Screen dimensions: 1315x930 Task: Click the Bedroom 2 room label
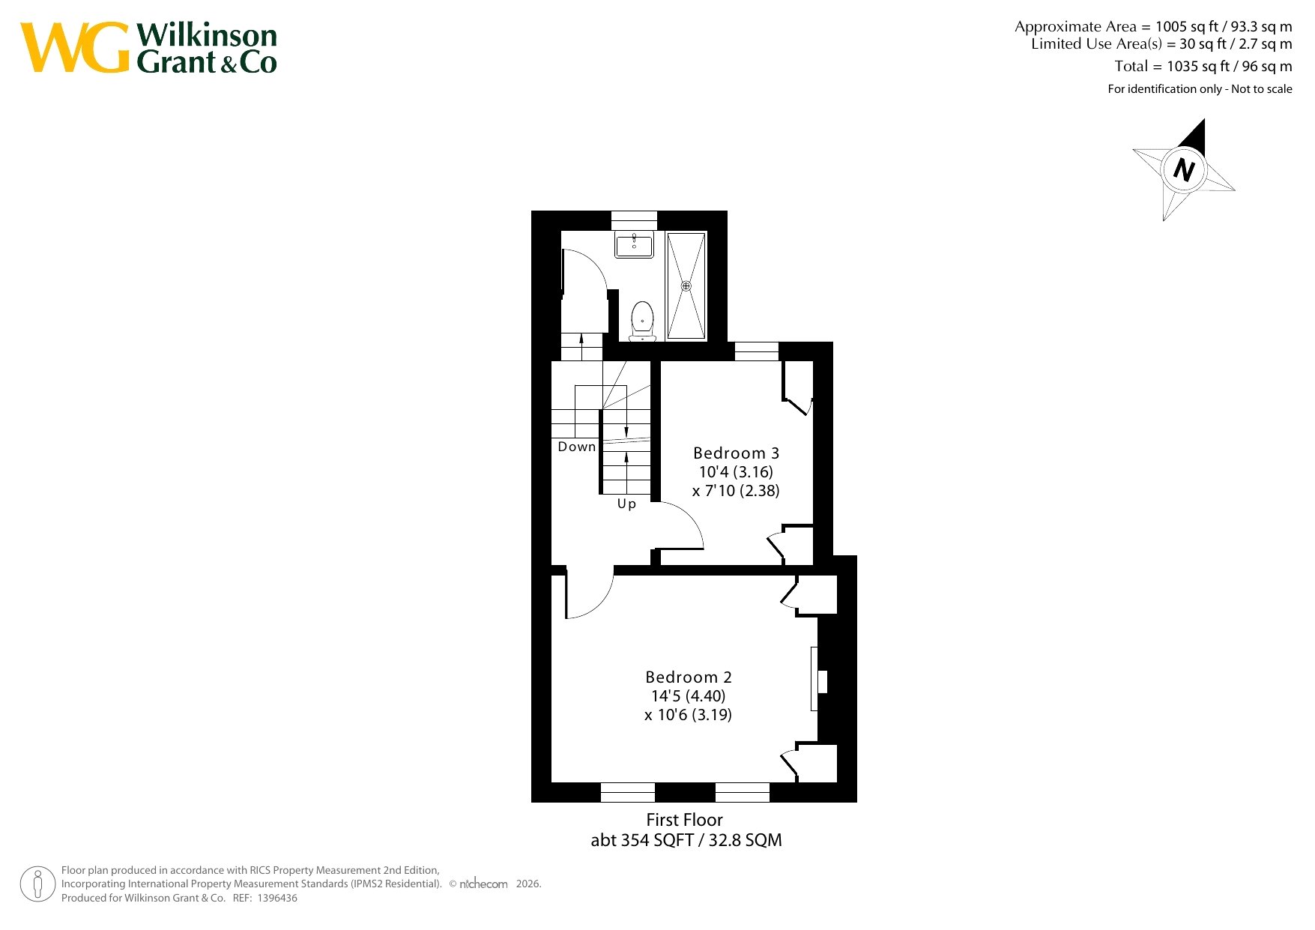click(x=688, y=677)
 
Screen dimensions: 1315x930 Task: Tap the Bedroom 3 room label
click(x=736, y=453)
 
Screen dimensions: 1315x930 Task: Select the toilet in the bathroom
click(x=642, y=321)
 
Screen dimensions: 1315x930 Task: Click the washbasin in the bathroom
click(x=634, y=244)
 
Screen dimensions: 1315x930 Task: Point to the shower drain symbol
click(x=686, y=286)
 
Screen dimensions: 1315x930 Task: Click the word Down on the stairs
click(x=577, y=447)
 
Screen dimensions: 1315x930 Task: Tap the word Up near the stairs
click(x=626, y=504)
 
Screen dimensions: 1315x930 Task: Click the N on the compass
click(x=1184, y=169)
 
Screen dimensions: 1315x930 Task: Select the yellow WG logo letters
click(x=75, y=48)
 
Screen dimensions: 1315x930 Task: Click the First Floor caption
click(x=684, y=820)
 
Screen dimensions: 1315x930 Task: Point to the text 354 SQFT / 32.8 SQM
click(x=701, y=840)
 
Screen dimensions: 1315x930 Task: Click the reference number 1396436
click(x=276, y=898)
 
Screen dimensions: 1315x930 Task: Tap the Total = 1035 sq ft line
click(x=1203, y=66)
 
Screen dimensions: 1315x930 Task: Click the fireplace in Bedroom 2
click(x=818, y=680)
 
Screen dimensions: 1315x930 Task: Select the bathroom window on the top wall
click(x=634, y=220)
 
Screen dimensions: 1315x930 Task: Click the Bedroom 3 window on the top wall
click(x=756, y=351)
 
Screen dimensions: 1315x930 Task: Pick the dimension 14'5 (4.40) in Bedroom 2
click(x=688, y=696)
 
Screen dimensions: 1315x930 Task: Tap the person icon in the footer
click(x=37, y=884)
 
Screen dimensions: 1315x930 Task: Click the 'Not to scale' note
click(x=1262, y=89)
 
